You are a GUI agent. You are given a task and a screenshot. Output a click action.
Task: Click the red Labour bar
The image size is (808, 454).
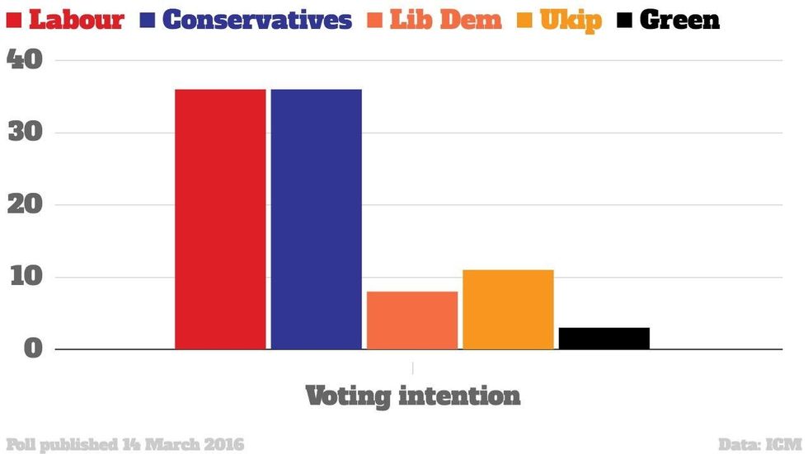[220, 218]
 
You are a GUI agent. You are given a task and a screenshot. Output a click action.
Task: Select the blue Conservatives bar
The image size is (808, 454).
[316, 218]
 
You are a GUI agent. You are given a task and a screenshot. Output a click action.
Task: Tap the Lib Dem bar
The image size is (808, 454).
[412, 321]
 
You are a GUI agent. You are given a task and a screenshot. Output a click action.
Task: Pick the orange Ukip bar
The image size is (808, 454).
[508, 309]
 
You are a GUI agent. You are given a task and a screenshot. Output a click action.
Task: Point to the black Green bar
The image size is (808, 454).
[604, 338]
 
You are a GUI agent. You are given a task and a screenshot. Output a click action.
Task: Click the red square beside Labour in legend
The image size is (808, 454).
[14, 20]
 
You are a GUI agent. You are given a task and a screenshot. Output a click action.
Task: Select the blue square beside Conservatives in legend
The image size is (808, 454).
[149, 20]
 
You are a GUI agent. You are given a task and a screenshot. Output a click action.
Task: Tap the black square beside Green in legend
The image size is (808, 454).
[624, 20]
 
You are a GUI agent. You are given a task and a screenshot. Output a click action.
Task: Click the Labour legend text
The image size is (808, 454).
[76, 20]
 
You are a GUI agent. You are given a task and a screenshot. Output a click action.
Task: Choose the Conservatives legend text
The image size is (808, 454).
[257, 20]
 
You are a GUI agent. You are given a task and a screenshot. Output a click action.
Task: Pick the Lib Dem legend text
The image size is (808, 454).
[445, 20]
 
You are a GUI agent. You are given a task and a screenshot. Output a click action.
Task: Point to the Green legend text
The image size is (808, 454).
[679, 20]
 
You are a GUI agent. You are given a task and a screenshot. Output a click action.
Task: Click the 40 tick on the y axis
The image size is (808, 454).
[26, 60]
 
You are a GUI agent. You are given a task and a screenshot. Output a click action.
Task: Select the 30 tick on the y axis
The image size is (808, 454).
[26, 133]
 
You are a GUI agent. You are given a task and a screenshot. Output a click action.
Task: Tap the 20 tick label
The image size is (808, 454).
[26, 204]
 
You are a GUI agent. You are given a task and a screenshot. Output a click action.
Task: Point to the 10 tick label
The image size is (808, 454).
[26, 277]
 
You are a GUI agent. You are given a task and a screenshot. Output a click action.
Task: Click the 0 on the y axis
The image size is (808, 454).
[32, 349]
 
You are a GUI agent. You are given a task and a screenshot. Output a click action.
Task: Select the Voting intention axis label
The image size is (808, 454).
[412, 395]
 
